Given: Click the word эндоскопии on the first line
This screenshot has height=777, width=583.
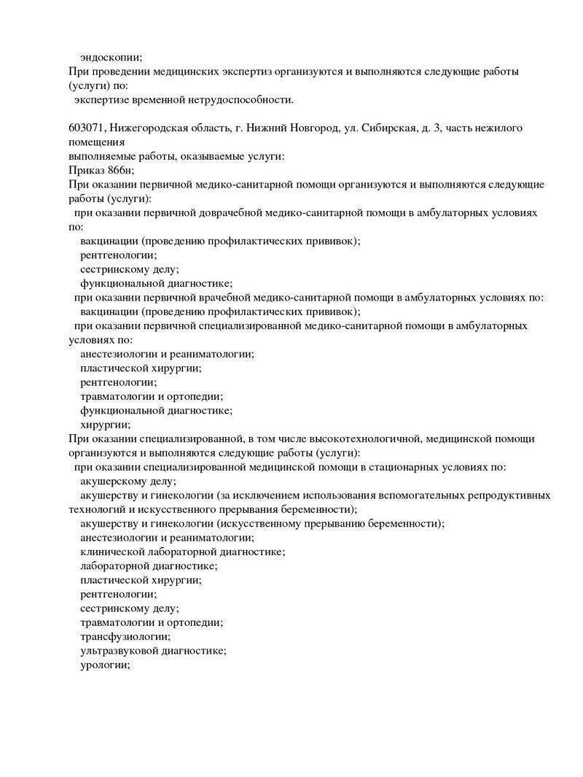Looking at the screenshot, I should coord(111,57).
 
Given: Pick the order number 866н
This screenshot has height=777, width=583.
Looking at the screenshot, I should coord(120,170).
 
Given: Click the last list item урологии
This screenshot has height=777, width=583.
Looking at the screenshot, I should coord(104,665).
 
